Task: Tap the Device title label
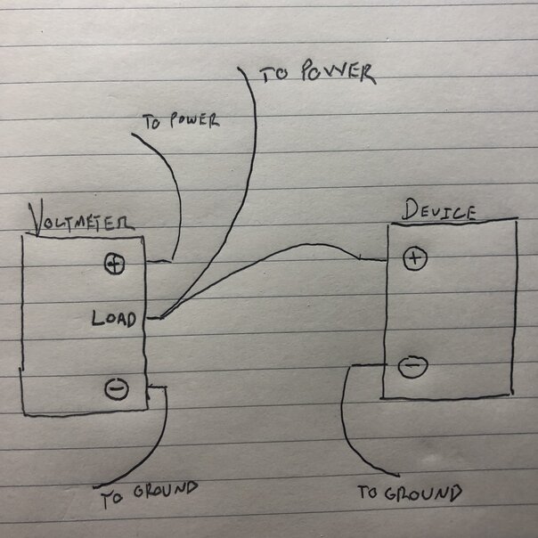click(x=438, y=211)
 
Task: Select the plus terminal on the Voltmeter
click(x=114, y=264)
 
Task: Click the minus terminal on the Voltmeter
click(x=116, y=388)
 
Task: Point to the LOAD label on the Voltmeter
click(x=114, y=318)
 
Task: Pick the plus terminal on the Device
click(x=416, y=258)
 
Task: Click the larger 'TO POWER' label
click(x=316, y=74)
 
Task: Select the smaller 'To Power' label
click(x=181, y=120)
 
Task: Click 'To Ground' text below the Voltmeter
click(x=148, y=493)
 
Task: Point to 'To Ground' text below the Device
click(x=410, y=493)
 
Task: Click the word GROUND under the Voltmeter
click(x=164, y=491)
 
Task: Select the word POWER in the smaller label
click(x=194, y=119)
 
